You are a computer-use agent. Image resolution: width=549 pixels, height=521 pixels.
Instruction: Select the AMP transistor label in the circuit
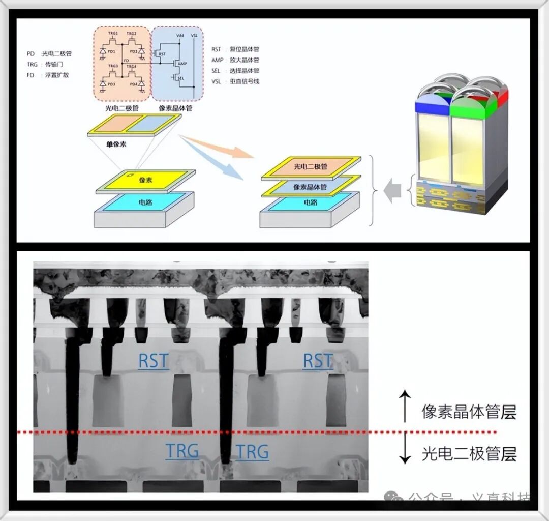pyautogui.click(x=182, y=65)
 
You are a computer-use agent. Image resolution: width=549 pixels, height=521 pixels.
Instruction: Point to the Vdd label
pyautogui.click(x=179, y=35)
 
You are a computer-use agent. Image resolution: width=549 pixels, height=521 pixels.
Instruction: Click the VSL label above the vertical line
pyautogui.click(x=194, y=35)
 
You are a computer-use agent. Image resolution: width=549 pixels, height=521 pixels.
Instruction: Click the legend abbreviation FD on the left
pyautogui.click(x=30, y=75)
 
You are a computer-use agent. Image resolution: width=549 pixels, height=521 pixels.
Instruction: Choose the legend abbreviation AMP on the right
pyautogui.click(x=217, y=60)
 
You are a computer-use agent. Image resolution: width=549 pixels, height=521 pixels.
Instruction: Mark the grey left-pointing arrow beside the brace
pyautogui.click(x=393, y=191)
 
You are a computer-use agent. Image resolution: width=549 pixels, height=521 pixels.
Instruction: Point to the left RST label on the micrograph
pyautogui.click(x=153, y=361)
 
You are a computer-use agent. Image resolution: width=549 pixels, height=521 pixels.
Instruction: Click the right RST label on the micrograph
pyautogui.click(x=317, y=361)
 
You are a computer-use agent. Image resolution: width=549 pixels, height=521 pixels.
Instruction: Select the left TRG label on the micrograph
pyautogui.click(x=182, y=451)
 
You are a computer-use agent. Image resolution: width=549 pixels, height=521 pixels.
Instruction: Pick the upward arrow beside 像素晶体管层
pyautogui.click(x=405, y=406)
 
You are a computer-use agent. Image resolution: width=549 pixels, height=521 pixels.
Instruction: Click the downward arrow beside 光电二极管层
pyautogui.click(x=405, y=450)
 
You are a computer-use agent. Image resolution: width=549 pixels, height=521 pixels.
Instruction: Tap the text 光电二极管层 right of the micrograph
pyautogui.click(x=469, y=453)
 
